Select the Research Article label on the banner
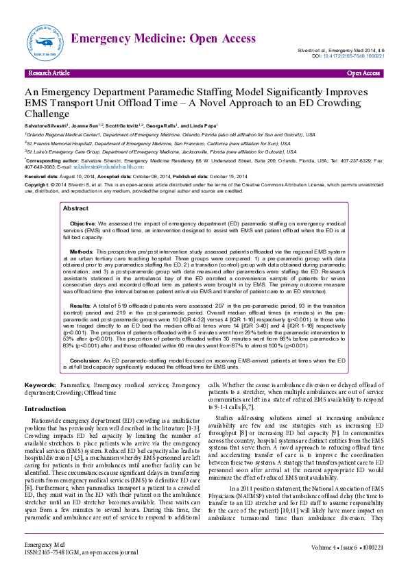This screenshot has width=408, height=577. [49, 73]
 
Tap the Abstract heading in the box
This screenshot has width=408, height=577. [75, 208]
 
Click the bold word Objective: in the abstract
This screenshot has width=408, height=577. [84, 223]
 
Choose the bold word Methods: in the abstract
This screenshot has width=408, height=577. [82, 251]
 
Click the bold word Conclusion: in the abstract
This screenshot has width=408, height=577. [86, 360]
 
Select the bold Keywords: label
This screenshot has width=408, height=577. [40, 386]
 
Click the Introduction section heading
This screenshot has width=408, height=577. [45, 408]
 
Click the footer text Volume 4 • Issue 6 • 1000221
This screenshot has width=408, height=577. [346, 567]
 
